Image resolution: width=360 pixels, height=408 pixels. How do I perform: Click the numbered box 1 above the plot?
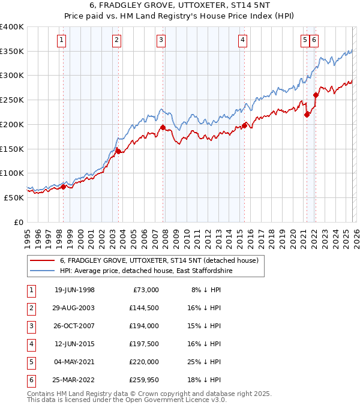point(62,40)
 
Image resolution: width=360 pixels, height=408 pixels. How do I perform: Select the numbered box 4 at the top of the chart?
point(242,40)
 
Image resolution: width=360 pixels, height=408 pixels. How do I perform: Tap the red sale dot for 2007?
point(163,127)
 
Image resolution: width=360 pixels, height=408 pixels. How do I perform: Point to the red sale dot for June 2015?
point(245,125)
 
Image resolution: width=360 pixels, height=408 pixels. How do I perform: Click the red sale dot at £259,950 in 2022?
point(316,95)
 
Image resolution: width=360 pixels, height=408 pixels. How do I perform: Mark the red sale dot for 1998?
point(64,187)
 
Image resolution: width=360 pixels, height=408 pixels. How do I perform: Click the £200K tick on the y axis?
point(13,124)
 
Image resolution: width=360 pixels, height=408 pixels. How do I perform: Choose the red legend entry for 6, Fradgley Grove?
point(158,260)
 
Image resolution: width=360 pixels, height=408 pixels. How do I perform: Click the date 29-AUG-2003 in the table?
point(74,308)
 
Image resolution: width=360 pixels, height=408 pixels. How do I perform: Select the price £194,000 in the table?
point(144,326)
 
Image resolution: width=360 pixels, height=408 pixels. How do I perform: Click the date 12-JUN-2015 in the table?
point(74,344)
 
